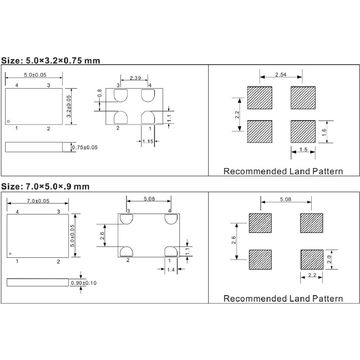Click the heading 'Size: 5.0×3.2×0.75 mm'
(51, 59)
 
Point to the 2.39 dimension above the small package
(135, 77)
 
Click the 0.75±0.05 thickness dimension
(88, 147)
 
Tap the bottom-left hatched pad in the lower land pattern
(261, 258)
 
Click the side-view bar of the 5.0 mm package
(35, 147)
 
